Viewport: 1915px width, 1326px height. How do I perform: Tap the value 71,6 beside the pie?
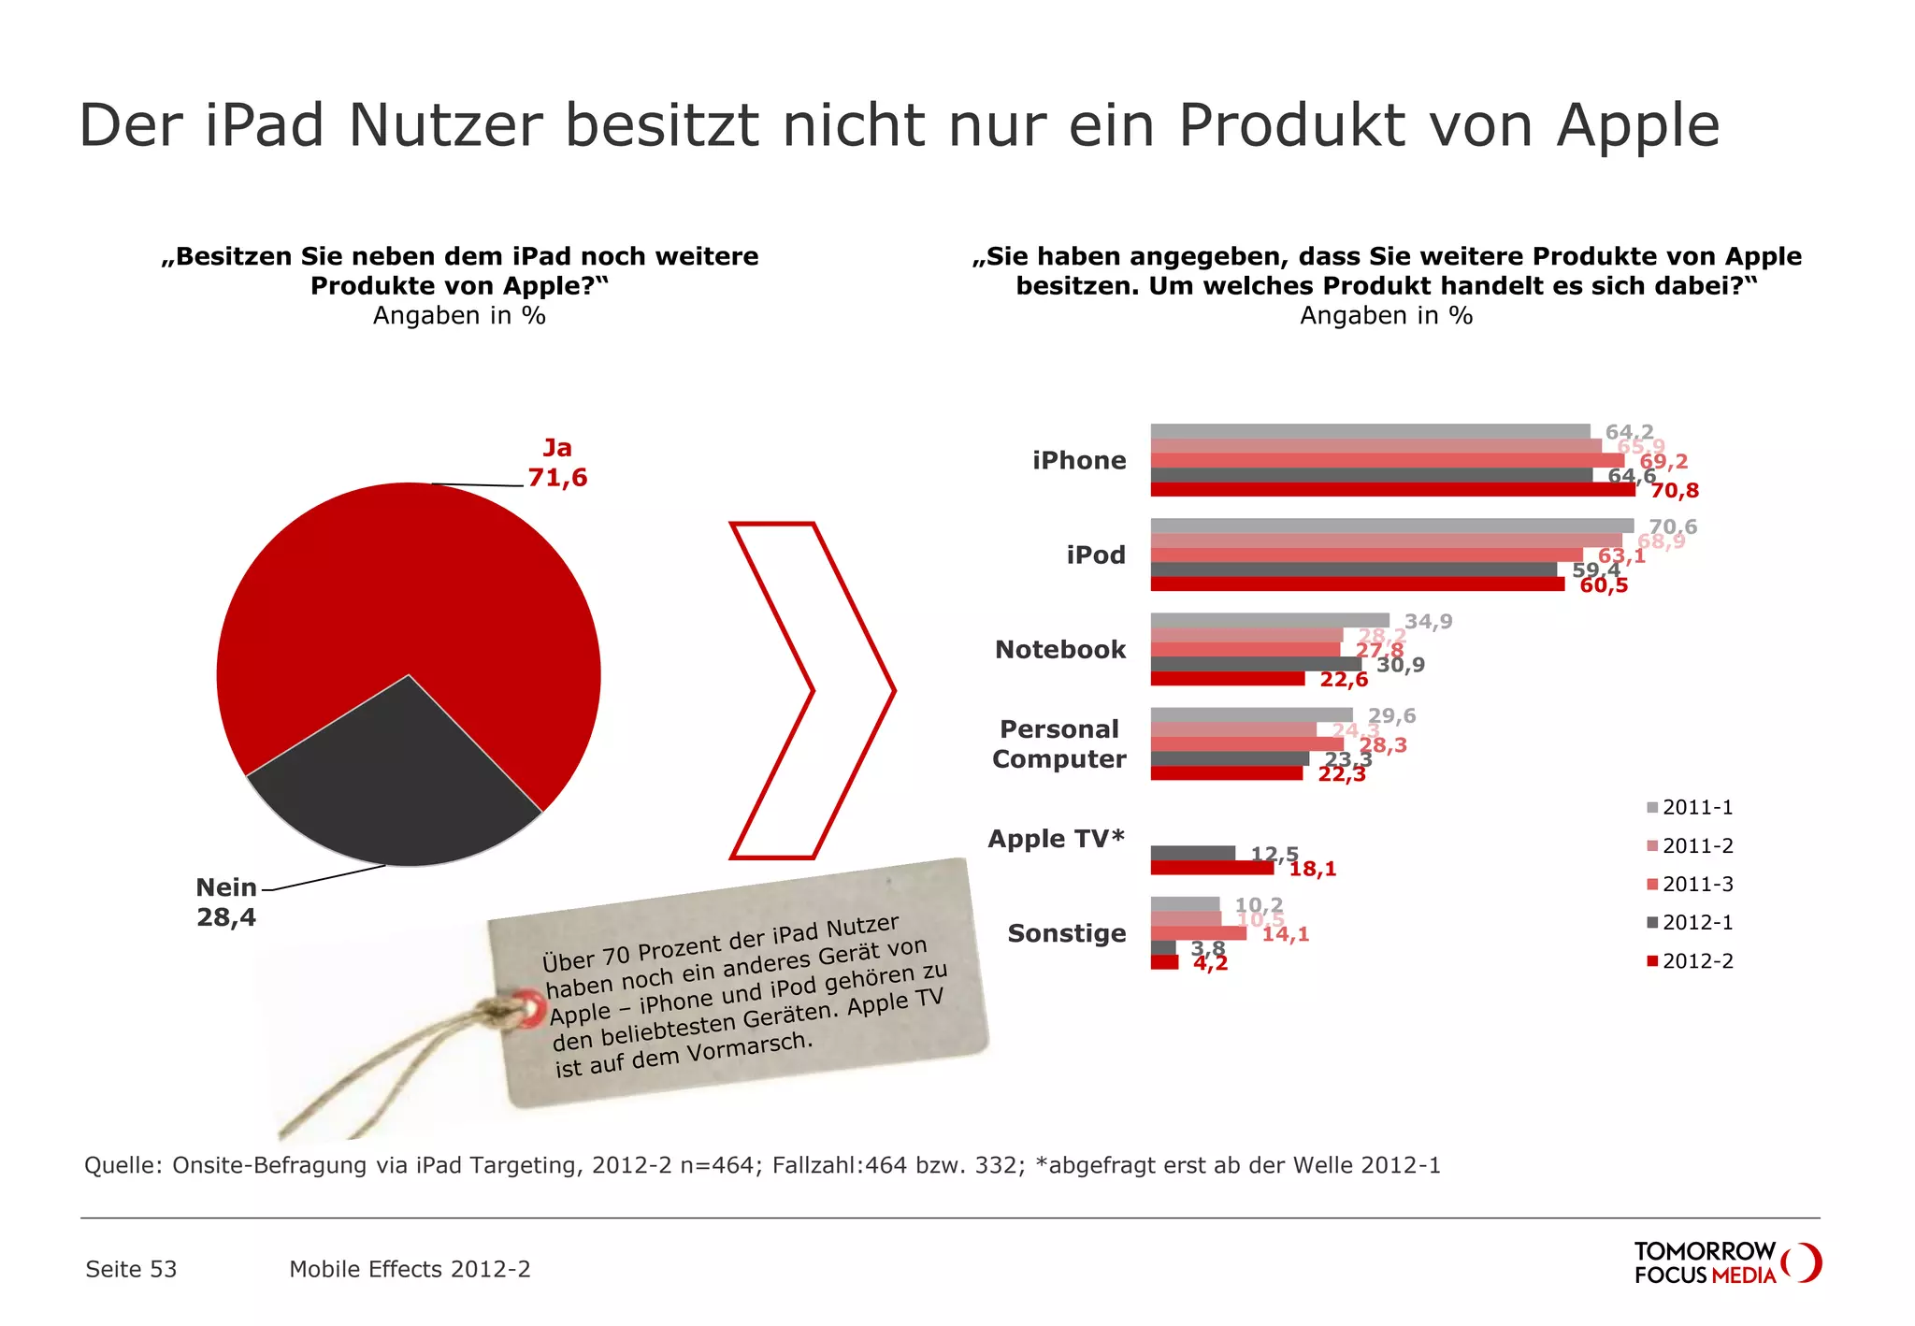pos(557,478)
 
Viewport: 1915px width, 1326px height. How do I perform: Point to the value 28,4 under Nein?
pos(226,917)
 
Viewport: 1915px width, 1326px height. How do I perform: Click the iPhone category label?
pos(1079,460)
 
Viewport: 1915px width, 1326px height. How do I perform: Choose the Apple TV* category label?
pos(1057,839)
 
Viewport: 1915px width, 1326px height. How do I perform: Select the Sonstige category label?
pos(1067,933)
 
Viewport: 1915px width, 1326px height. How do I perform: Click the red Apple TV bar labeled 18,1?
pos(1212,868)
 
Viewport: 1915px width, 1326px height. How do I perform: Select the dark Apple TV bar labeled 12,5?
pos(1192,853)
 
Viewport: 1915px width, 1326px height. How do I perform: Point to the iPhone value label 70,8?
pos(1668,491)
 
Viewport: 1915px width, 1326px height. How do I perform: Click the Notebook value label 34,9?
pos(1428,622)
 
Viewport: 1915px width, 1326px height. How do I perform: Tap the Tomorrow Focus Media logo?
pos(1725,1262)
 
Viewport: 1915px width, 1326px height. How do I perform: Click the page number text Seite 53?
pos(131,1269)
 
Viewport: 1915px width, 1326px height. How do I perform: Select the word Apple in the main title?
pos(1637,125)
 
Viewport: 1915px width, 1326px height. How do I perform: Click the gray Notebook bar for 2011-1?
pos(1269,620)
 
